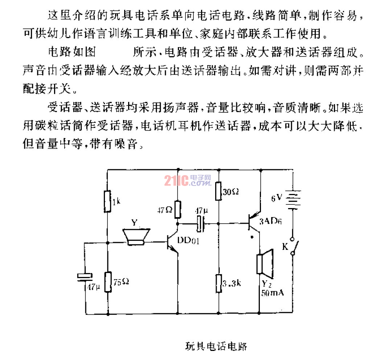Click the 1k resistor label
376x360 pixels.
coord(116,202)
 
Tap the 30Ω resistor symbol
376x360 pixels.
coord(218,191)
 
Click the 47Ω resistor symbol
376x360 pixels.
coord(178,209)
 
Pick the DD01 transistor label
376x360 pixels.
coord(188,241)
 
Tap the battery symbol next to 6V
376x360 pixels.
coord(293,200)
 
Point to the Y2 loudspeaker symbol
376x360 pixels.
coord(265,262)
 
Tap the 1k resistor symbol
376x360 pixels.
coord(108,202)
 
